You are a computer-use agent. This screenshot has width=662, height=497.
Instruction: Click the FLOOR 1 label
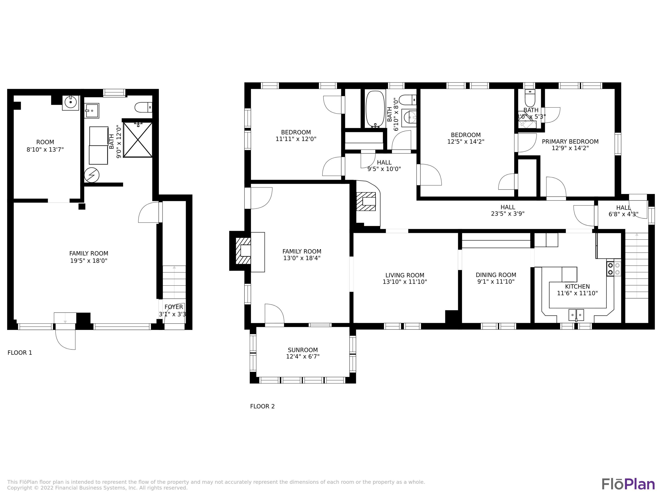point(20,353)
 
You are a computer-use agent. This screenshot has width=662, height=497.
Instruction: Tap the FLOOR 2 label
point(262,406)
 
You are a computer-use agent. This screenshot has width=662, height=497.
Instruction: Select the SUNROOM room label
point(303,350)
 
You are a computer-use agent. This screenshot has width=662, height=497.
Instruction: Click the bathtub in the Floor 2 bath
point(375,109)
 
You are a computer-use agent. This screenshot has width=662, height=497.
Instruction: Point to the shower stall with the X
point(138,140)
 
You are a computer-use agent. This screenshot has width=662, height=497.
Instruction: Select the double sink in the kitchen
point(576,315)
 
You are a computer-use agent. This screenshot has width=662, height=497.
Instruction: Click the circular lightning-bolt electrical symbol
point(92,175)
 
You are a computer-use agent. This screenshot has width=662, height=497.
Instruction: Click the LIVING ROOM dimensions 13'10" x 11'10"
point(405,282)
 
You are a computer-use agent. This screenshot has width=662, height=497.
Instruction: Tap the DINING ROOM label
point(496,275)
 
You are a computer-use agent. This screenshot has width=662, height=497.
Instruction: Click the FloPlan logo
point(628,484)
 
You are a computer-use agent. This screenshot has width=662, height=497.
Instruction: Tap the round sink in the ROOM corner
point(71,102)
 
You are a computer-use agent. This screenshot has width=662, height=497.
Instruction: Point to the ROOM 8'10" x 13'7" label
point(45,146)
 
